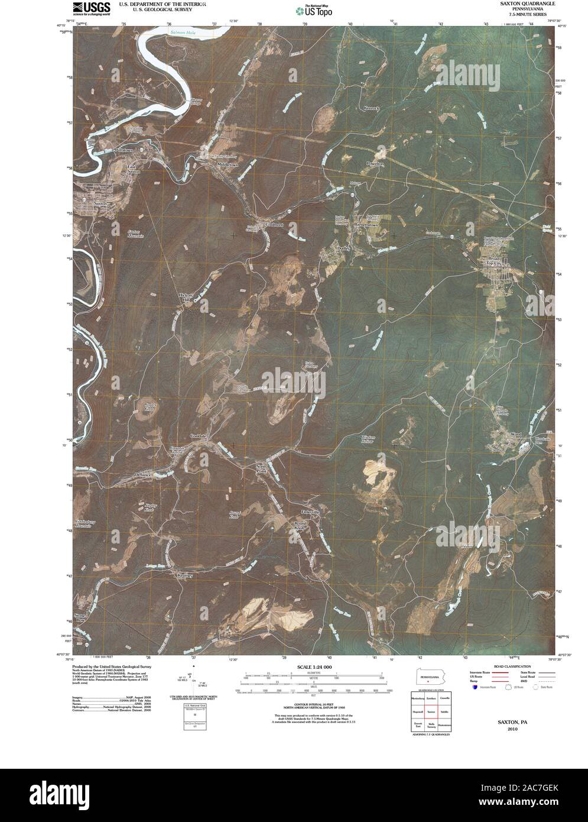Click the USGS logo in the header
click(x=91, y=8)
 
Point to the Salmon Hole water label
click(x=181, y=32)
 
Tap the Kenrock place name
click(x=371, y=108)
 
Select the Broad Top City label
click(x=494, y=263)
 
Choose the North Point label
click(x=261, y=469)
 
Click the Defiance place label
click(x=144, y=475)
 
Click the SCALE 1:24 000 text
click(x=308, y=667)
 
